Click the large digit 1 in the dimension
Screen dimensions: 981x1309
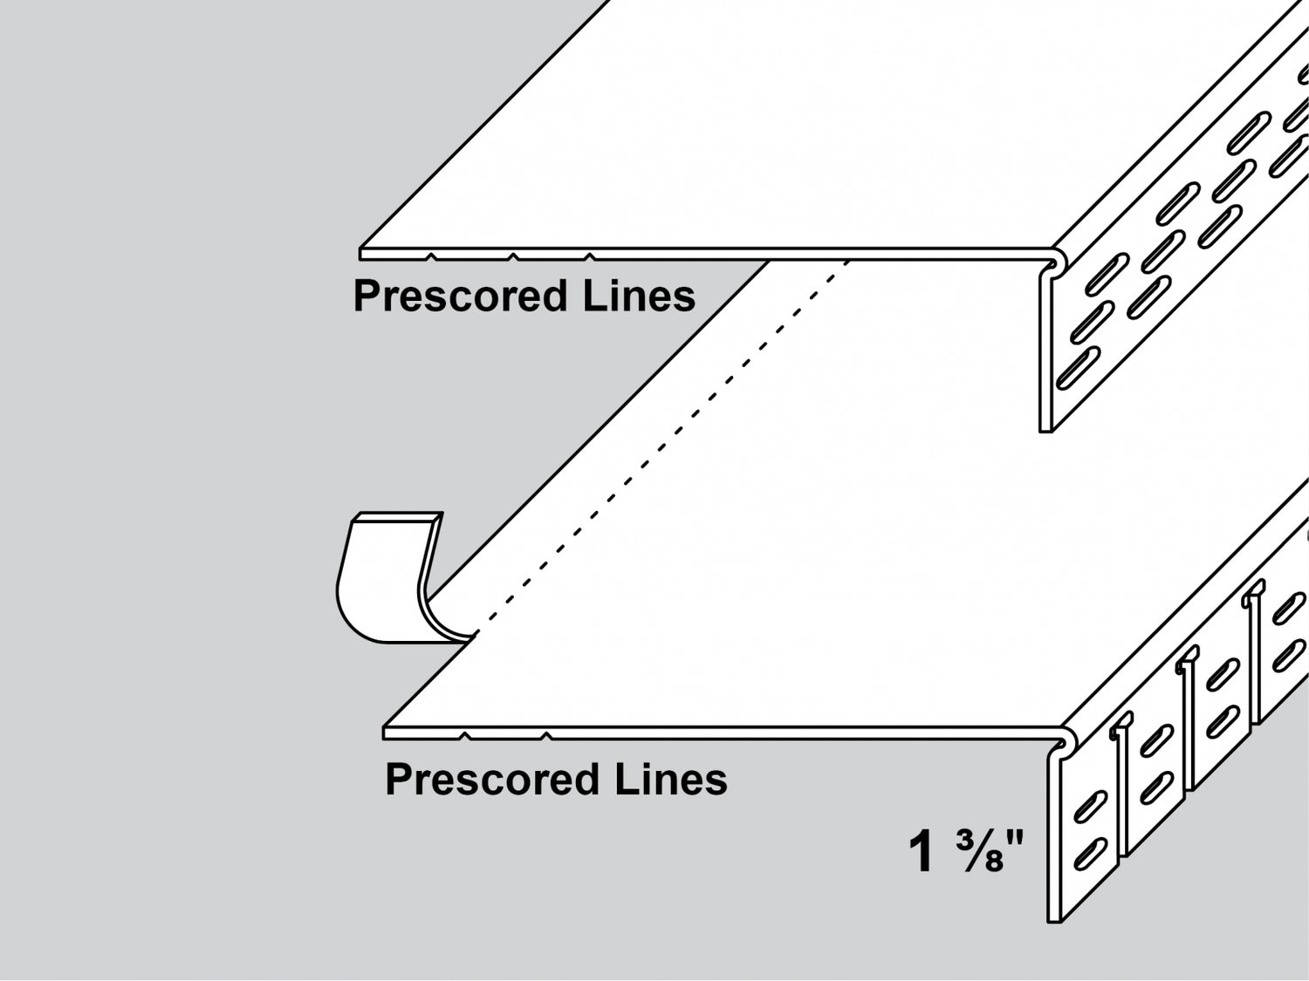tap(922, 852)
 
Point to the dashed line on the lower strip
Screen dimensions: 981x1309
tap(663, 436)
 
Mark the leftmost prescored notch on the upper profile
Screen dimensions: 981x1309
tap(430, 256)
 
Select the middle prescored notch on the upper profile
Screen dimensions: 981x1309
tap(512, 256)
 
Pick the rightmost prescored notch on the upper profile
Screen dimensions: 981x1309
tap(590, 256)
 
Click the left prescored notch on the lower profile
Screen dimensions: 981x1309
tap(465, 737)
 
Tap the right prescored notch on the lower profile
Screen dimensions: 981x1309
tap(546, 737)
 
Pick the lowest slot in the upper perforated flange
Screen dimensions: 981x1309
tap(1077, 369)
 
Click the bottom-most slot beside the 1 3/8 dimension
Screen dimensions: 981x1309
tap(1091, 852)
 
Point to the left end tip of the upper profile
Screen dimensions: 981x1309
tap(362, 254)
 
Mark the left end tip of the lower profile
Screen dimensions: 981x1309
tap(386, 732)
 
